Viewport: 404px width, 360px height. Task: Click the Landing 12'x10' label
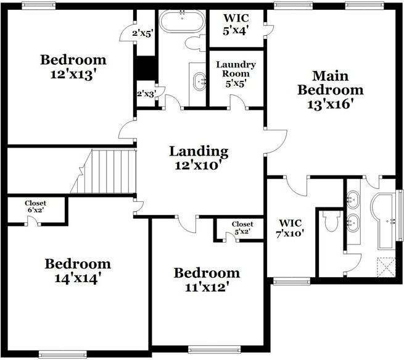tap(199, 158)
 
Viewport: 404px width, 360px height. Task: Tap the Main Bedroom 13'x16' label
tap(330, 90)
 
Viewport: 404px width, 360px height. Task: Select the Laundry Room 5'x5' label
tap(236, 73)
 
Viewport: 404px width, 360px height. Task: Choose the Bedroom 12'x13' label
tap(73, 67)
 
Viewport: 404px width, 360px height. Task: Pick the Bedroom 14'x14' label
tap(77, 270)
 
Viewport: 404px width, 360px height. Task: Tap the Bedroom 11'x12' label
tap(206, 279)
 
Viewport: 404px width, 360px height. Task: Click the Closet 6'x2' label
tap(35, 206)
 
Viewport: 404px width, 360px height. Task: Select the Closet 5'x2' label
tap(242, 228)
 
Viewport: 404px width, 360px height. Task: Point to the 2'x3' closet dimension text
tap(146, 93)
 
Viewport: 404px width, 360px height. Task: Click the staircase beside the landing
tap(104, 171)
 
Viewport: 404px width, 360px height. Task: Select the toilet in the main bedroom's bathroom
tap(332, 221)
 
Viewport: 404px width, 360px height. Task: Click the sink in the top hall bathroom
tap(200, 80)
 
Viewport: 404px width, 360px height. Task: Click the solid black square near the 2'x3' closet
tap(146, 69)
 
